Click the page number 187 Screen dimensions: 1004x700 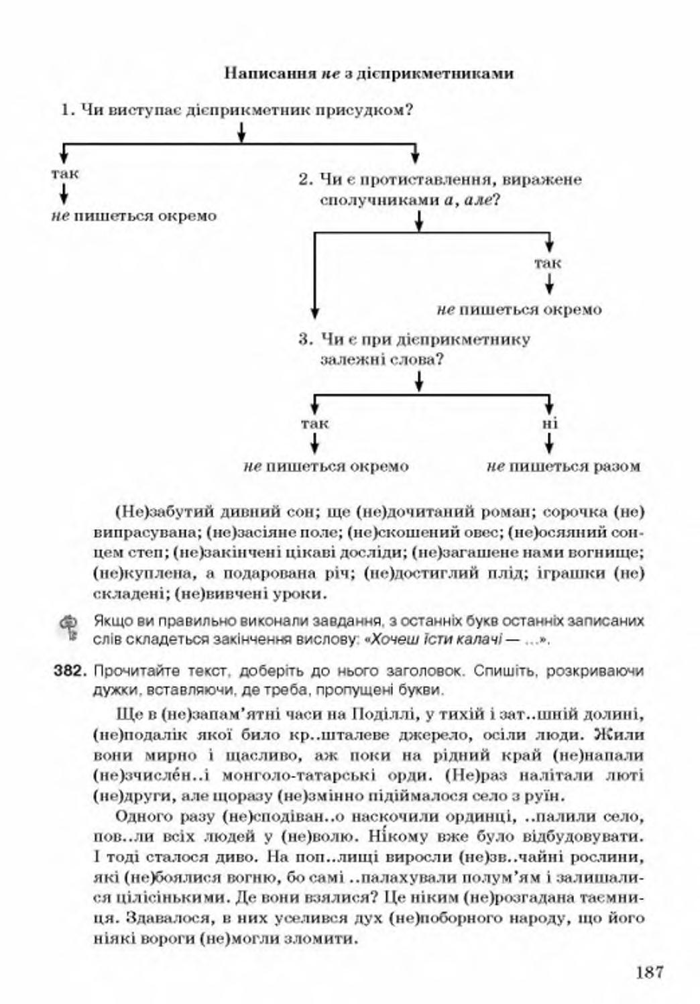pyautogui.click(x=649, y=971)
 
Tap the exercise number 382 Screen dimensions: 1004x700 pyautogui.click(x=70, y=671)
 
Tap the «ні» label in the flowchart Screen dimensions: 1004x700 pyautogui.click(x=549, y=424)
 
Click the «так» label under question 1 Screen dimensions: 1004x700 pyautogui.click(x=64, y=174)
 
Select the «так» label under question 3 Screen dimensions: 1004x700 pyautogui.click(x=314, y=424)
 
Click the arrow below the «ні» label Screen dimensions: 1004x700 pyautogui.click(x=549, y=443)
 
